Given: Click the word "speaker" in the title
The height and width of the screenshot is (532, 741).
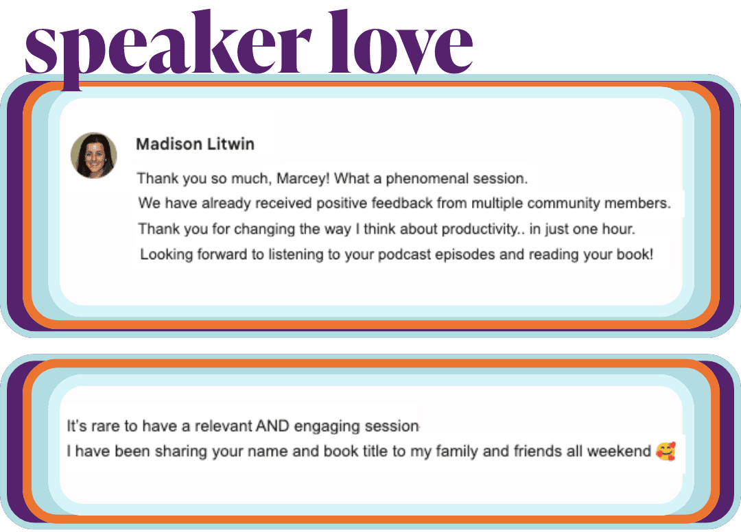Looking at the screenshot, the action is [168, 47].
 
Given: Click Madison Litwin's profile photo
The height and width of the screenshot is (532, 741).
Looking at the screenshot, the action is [93, 156].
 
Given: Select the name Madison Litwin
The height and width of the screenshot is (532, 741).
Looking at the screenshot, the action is [195, 144].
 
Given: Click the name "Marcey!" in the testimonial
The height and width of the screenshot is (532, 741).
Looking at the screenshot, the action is [303, 178].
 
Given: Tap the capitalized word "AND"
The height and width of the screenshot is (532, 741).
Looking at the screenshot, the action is [272, 426].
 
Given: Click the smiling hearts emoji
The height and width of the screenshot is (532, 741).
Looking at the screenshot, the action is [666, 451].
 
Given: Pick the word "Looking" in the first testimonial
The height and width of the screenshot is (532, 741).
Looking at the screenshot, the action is [166, 255].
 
